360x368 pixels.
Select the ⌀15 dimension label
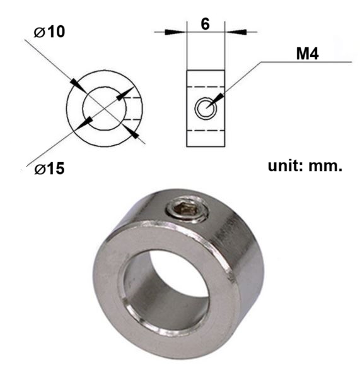pyautogui.click(x=49, y=169)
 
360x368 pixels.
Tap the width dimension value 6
pyautogui.click(x=205, y=25)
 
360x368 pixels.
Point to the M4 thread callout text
pyautogui.click(x=308, y=54)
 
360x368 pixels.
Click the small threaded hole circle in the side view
pyautogui.click(x=204, y=109)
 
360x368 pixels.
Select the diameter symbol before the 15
pyautogui.click(x=37, y=169)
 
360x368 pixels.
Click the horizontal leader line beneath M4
pyautogui.click(x=303, y=62)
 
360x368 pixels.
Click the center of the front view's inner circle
pyautogui.click(x=105, y=108)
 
